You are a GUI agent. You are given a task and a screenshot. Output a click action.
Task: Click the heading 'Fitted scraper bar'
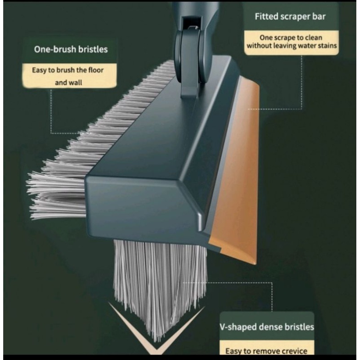[290, 17]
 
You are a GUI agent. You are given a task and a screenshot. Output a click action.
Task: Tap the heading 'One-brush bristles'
[71, 49]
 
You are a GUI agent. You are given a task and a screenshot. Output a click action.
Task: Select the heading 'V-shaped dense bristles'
[266, 327]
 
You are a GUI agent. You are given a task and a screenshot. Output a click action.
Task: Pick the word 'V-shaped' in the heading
[238, 327]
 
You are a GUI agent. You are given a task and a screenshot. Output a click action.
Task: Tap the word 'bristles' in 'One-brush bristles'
[94, 49]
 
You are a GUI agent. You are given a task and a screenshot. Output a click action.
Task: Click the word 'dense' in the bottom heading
[274, 327]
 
